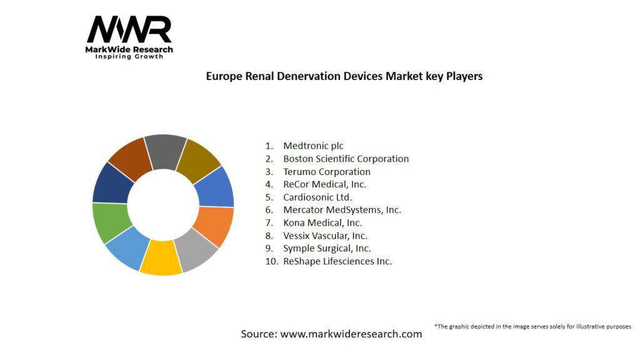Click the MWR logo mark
click(x=129, y=29)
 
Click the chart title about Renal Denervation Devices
click(x=344, y=76)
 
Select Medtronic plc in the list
click(x=313, y=146)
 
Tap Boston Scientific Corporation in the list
click(x=346, y=159)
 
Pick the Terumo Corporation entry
click(x=326, y=171)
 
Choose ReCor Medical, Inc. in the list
click(x=324, y=184)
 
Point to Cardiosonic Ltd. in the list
click(x=317, y=197)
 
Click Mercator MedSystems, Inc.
click(x=342, y=210)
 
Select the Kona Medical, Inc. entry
click(x=322, y=222)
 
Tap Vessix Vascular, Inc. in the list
click(x=325, y=236)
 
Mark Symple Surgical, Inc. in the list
click(x=327, y=248)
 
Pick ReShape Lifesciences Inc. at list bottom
click(x=337, y=261)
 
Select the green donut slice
click(x=111, y=222)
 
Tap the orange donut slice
click(x=214, y=226)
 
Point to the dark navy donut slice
click(x=112, y=183)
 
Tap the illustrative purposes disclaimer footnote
click(x=532, y=326)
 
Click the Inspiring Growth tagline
click(x=129, y=57)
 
